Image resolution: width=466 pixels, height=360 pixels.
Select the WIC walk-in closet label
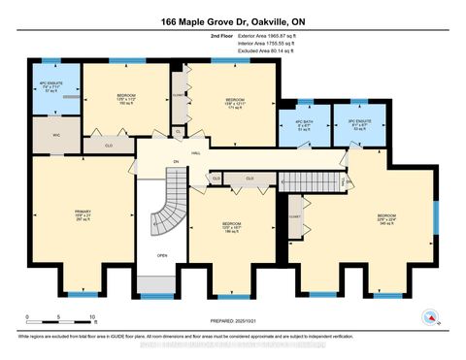[x=55, y=134]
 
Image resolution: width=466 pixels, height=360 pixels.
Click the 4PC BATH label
[x=304, y=125]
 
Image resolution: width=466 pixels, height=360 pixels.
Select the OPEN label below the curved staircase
[x=162, y=255]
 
